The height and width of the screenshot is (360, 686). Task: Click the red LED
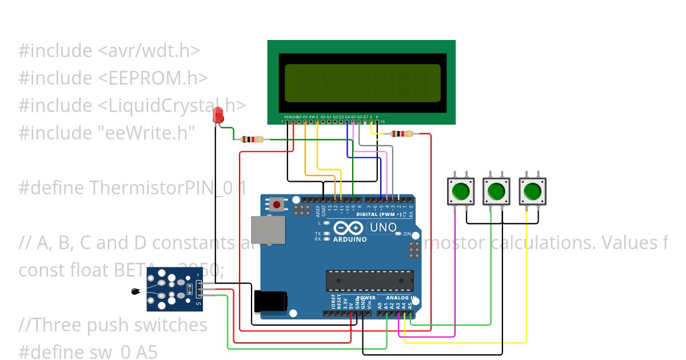pyautogui.click(x=218, y=116)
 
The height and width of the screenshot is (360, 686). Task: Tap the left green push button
pyautogui.click(x=461, y=191)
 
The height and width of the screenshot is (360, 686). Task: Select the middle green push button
pyautogui.click(x=496, y=191)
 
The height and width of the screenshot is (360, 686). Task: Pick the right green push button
pyautogui.click(x=532, y=191)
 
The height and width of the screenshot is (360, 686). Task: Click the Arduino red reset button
pyautogui.click(x=278, y=204)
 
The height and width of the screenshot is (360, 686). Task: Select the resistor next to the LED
pyautogui.click(x=252, y=139)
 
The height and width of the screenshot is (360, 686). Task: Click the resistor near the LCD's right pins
pyautogui.click(x=401, y=134)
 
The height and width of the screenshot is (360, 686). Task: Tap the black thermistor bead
pyautogui.click(x=135, y=292)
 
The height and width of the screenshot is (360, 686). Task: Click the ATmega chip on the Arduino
pyautogui.click(x=369, y=280)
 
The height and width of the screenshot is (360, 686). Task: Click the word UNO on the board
pyautogui.click(x=384, y=227)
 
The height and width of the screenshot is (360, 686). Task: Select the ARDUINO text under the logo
pyautogui.click(x=350, y=239)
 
